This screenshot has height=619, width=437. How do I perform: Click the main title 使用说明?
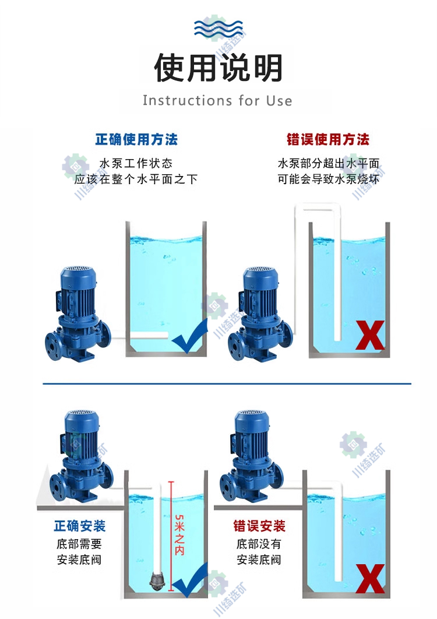click(218, 68)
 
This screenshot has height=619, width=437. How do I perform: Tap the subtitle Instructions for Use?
click(217, 101)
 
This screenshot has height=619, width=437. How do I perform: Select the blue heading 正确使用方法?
click(136, 139)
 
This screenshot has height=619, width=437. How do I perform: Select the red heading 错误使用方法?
click(328, 139)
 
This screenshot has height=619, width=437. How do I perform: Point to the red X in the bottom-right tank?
click(370, 578)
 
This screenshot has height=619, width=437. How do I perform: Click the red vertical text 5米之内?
click(179, 534)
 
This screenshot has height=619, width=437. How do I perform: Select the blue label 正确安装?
click(80, 526)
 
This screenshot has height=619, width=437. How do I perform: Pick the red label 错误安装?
click(259, 526)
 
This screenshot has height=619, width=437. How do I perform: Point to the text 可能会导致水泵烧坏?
click(329, 179)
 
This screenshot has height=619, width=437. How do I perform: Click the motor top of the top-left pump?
click(79, 272)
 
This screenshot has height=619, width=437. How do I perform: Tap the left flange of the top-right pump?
click(235, 347)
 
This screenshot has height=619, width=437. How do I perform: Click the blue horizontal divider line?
click(227, 384)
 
